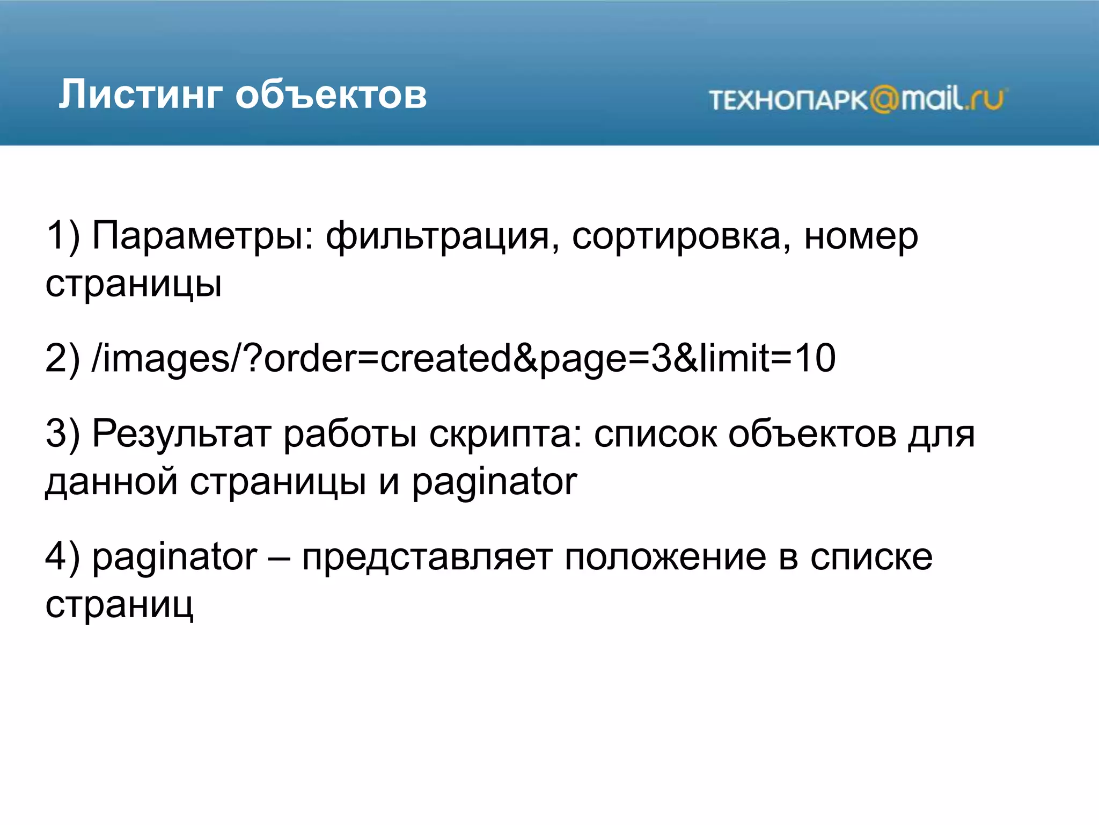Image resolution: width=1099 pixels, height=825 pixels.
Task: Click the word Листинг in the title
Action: pos(140,95)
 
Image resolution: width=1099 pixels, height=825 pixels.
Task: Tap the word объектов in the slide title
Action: pos(331,95)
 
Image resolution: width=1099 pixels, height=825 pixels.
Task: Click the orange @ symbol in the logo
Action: pos(884,100)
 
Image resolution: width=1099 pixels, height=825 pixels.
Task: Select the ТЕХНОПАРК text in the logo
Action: pos(788,100)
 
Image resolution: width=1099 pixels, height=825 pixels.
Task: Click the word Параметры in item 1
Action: pos(202,237)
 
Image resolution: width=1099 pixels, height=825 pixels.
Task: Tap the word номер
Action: pos(861,237)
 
